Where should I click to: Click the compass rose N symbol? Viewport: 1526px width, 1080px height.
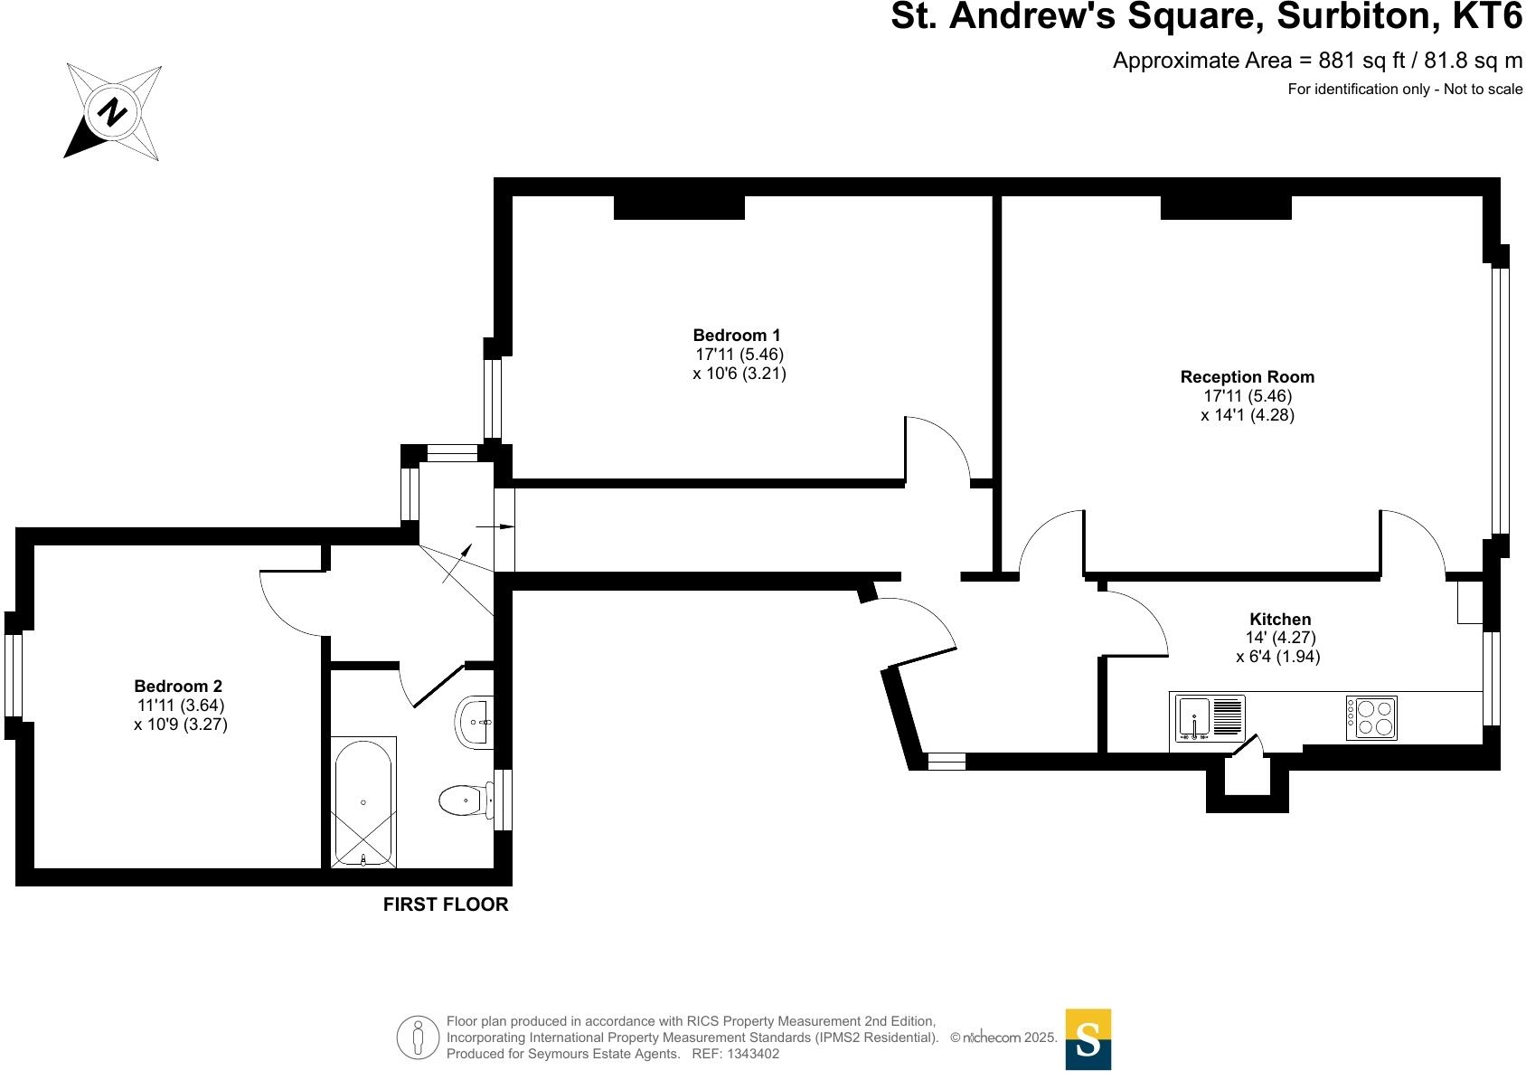pos(112,112)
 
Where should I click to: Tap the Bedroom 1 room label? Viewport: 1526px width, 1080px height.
pos(737,336)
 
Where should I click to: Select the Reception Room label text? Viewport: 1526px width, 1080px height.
pos(1247,377)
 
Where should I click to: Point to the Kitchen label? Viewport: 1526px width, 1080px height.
pos(1279,620)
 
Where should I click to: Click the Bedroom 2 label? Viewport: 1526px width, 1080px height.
pos(178,687)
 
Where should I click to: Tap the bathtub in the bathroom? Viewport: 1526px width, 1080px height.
pos(363,802)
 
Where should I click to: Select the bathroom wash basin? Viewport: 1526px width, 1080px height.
pos(474,723)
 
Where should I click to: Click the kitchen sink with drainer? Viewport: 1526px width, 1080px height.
pos(1210,718)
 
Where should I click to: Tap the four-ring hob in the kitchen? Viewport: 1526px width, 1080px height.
pos(1371,718)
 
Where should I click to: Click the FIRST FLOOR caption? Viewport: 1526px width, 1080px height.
pos(446,905)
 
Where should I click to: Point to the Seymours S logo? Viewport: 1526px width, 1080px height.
pos(1088,1039)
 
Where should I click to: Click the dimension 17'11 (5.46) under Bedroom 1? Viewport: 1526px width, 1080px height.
pos(739,355)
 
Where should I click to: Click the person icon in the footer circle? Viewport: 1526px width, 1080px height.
pos(418,1037)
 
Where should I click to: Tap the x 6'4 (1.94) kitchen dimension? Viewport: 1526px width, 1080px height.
pos(1277,658)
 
